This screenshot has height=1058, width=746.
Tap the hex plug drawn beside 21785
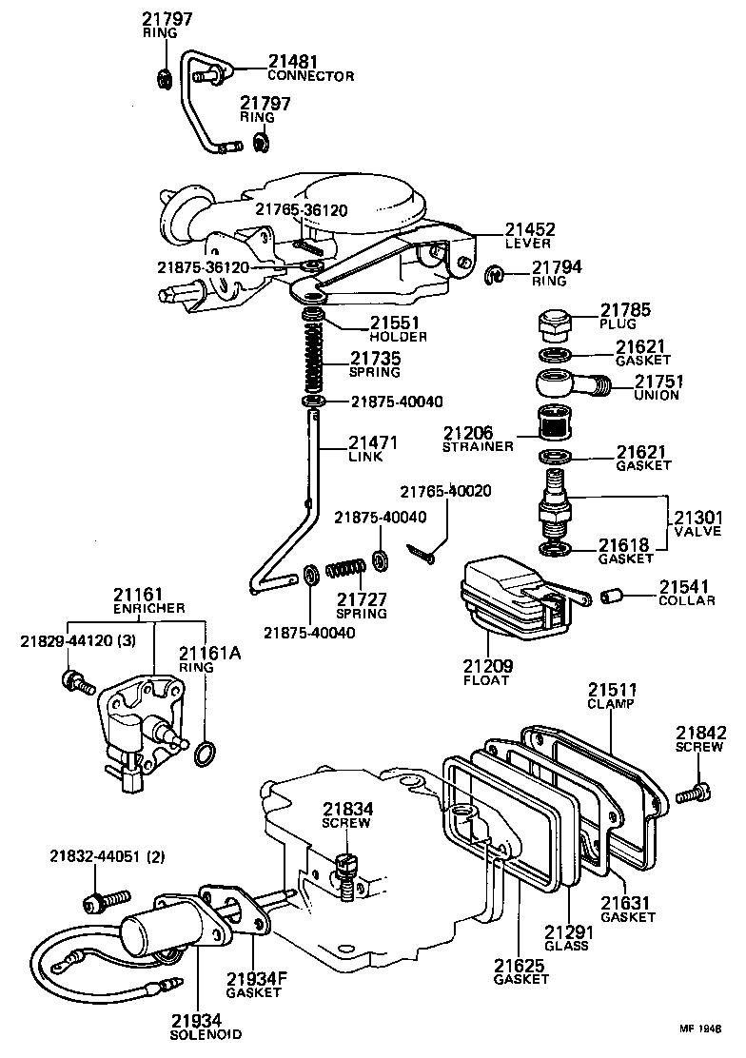pyautogui.click(x=553, y=325)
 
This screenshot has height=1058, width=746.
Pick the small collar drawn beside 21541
pyautogui.click(x=612, y=596)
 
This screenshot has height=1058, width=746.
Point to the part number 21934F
pyautogui.click(x=254, y=979)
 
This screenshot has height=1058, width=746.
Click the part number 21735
pyautogui.click(x=375, y=359)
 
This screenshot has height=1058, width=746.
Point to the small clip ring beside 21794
pyautogui.click(x=495, y=276)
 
